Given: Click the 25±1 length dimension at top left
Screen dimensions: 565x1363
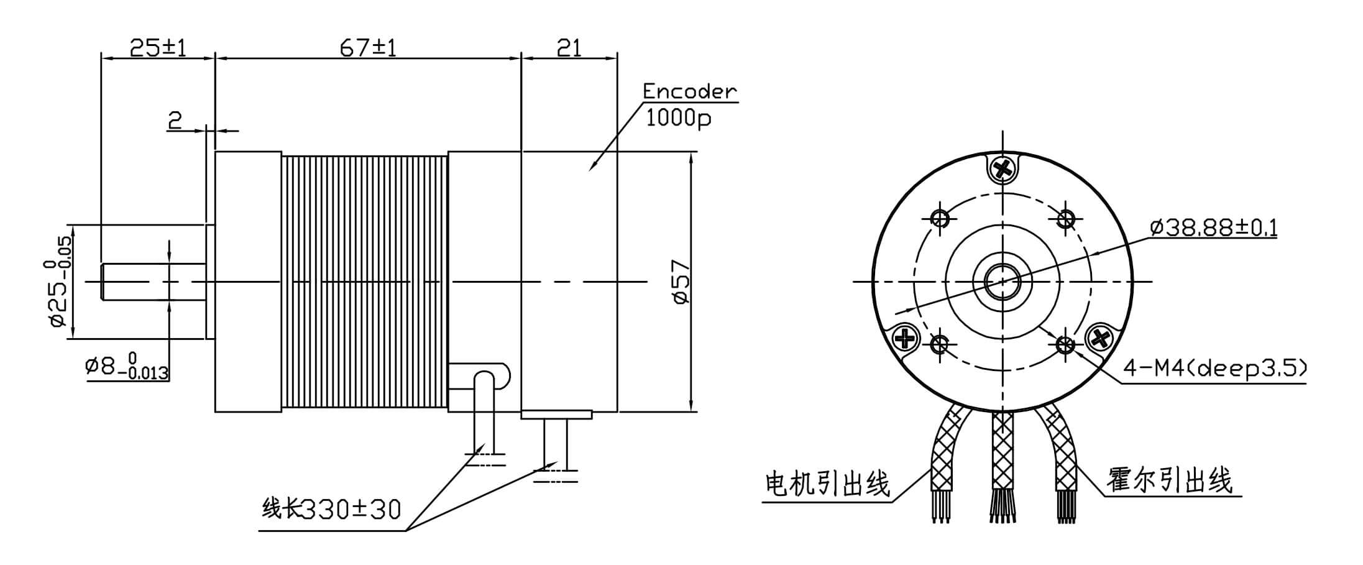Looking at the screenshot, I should click(x=158, y=47).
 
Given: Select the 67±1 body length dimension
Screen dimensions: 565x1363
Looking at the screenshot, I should click(x=368, y=47).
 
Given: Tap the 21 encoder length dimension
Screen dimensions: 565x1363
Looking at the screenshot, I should click(x=569, y=47).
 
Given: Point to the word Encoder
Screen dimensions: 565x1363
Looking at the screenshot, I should click(x=689, y=91).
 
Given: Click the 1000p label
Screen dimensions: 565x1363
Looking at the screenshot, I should click(x=678, y=117).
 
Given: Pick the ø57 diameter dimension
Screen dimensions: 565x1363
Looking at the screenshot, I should click(x=681, y=282).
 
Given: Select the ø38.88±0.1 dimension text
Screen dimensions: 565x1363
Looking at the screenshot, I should click(x=1213, y=228).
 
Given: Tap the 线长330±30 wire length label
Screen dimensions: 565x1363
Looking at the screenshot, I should click(x=331, y=510).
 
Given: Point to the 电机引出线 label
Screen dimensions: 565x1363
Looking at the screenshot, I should click(x=827, y=484).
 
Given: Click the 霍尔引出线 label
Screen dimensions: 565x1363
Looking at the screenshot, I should click(x=1169, y=480).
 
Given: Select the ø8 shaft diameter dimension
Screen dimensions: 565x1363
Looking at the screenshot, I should click(x=127, y=367).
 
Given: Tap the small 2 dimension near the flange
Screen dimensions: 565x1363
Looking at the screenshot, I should click(x=175, y=120).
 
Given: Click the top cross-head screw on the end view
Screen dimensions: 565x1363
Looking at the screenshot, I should click(x=1003, y=168).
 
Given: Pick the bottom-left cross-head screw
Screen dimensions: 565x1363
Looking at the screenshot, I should click(x=905, y=339).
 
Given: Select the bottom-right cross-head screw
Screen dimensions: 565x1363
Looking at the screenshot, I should click(x=1101, y=339).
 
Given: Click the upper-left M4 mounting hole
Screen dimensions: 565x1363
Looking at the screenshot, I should click(x=940, y=218).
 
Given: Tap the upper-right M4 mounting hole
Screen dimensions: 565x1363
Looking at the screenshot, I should click(x=1066, y=218).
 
